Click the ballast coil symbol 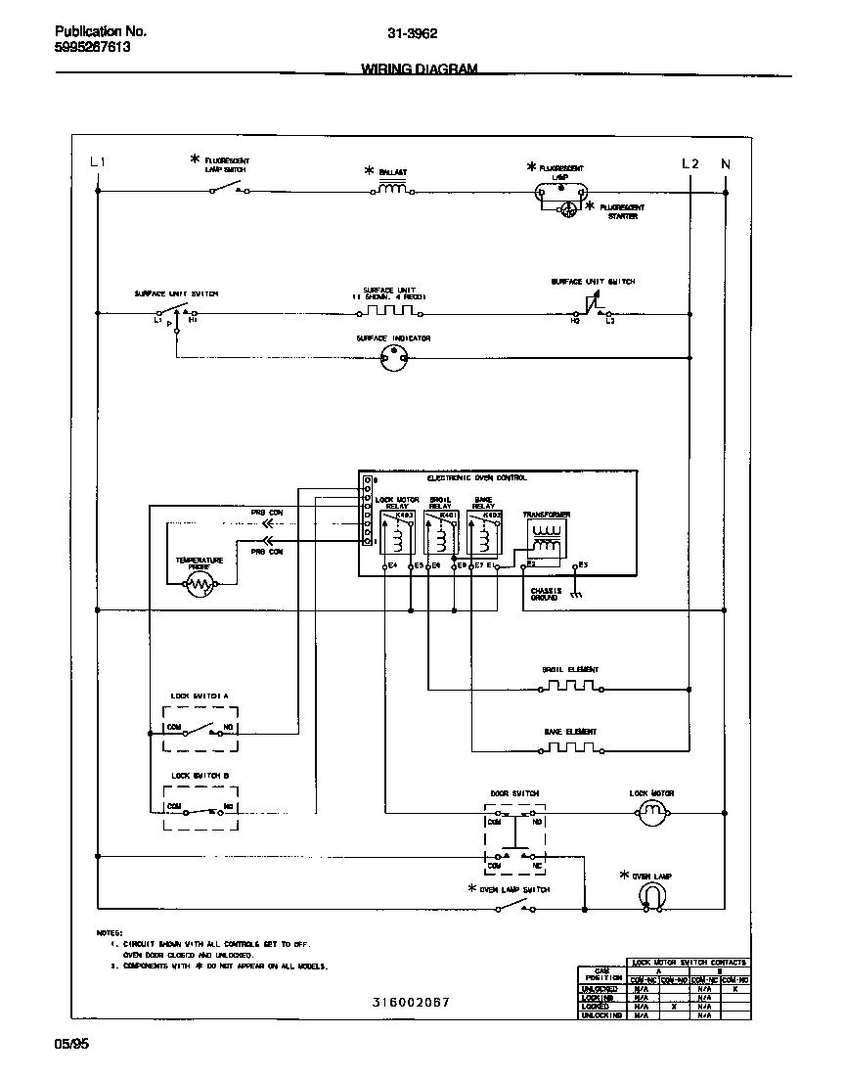(x=393, y=189)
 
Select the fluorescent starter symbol (x=566, y=207)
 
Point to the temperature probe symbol (x=199, y=585)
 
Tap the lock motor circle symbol (x=651, y=811)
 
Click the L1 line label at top (x=97, y=162)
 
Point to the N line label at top (x=725, y=163)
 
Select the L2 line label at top (x=689, y=163)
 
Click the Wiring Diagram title (x=420, y=69)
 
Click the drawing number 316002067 (x=412, y=1003)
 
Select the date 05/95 (x=71, y=1045)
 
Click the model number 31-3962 (x=412, y=32)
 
